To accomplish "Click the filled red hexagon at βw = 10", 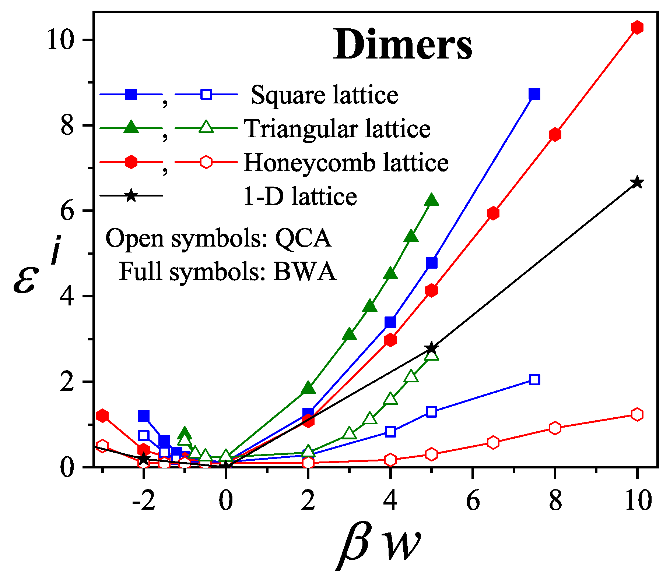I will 637,28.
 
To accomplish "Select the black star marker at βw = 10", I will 637,183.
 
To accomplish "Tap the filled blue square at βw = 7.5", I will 534,94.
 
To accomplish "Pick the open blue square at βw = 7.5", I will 534,380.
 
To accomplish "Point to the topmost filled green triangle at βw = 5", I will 431,200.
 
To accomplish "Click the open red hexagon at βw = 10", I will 637,414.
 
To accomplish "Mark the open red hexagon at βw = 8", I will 555,428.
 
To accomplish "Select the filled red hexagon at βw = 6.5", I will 493,213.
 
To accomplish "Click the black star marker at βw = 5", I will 431,348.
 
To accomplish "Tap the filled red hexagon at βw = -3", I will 102,415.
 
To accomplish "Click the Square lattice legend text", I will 324,95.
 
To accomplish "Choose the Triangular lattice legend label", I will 337,129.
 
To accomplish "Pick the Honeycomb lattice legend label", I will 346,162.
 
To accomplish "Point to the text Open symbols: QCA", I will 218,238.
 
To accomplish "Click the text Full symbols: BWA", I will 227,272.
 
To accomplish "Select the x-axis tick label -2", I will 144,501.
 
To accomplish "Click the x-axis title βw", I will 379,545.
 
